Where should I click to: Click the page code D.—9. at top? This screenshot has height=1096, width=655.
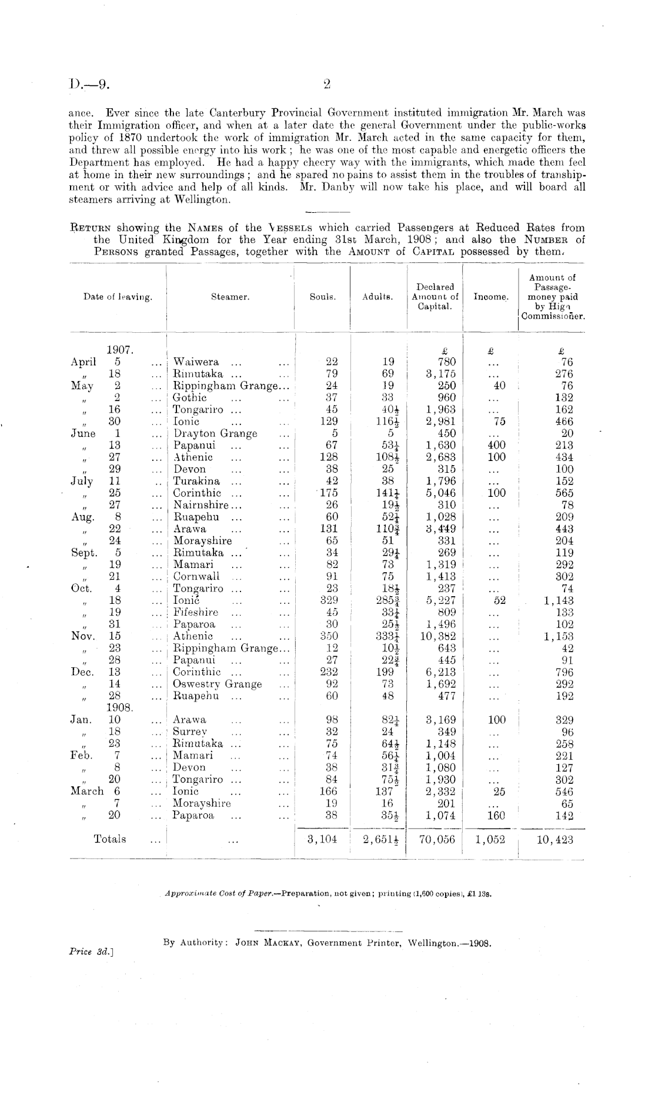click(91, 85)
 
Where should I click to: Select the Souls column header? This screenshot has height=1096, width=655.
click(323, 298)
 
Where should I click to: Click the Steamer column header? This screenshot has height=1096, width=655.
click(230, 298)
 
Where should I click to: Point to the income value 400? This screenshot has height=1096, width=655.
click(497, 446)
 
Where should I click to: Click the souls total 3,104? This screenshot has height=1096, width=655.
click(322, 840)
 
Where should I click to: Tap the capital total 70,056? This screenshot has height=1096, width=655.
click(436, 840)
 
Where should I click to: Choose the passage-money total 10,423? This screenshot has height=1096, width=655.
click(554, 840)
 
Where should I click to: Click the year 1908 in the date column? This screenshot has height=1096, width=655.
click(120, 708)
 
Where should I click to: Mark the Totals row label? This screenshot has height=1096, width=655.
click(110, 840)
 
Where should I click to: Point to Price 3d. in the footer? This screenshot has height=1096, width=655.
click(91, 950)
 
